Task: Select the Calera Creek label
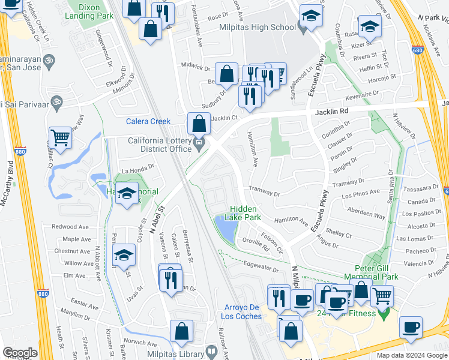[x=148, y=121]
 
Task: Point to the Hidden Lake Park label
[x=244, y=214]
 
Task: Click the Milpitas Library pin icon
[x=211, y=351]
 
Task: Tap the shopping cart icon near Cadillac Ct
[x=61, y=137]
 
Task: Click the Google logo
[x=20, y=353]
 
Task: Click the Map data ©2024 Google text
[x=412, y=355]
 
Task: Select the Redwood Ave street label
[x=70, y=227]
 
